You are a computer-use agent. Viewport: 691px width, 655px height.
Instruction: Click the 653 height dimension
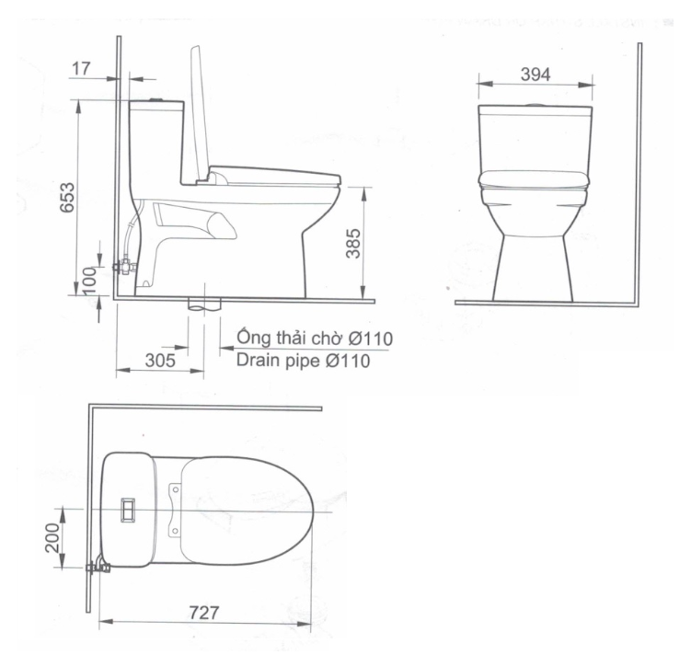click(x=67, y=197)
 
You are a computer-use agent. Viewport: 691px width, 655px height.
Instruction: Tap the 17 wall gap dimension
click(x=81, y=68)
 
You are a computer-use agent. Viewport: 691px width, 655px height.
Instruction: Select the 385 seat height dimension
click(x=353, y=243)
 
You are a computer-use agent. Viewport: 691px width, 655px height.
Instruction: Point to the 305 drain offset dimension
click(x=160, y=361)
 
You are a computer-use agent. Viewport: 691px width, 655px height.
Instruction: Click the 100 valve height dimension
click(x=89, y=281)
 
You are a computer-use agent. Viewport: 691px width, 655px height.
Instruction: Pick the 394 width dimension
click(x=536, y=75)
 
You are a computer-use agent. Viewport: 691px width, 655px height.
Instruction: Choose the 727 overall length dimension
click(x=204, y=613)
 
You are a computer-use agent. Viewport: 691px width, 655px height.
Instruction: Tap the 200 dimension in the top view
click(x=52, y=537)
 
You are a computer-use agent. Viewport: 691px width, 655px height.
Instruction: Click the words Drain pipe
click(x=279, y=361)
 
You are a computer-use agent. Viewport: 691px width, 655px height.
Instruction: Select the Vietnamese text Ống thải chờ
click(x=290, y=338)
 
